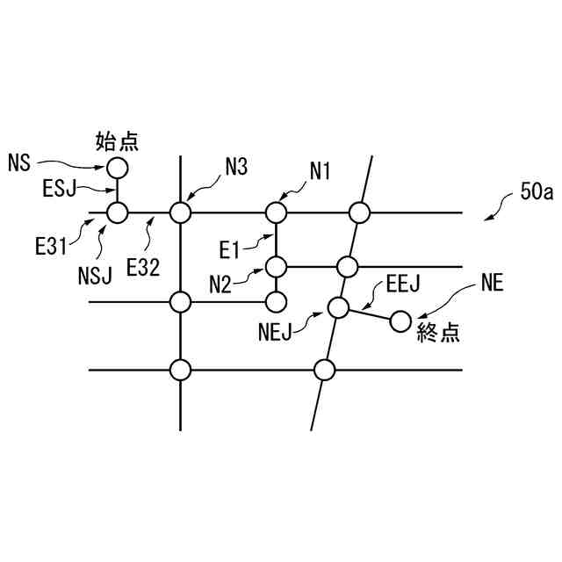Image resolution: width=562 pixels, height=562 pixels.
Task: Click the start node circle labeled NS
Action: (x=117, y=167)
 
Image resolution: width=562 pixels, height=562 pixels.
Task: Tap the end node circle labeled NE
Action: (x=400, y=322)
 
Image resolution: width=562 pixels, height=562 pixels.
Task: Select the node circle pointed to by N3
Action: (x=180, y=213)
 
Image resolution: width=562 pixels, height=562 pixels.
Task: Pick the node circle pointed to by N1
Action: (x=277, y=213)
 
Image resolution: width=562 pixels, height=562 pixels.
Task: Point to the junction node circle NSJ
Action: (x=117, y=213)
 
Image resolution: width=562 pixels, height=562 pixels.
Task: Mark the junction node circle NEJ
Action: (x=338, y=306)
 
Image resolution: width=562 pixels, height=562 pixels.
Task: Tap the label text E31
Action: (x=51, y=248)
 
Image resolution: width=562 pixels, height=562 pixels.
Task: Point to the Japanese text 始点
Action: (x=117, y=139)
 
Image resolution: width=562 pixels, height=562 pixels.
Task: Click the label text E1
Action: (x=231, y=252)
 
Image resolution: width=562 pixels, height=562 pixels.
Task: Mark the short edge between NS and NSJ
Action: (x=117, y=190)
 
